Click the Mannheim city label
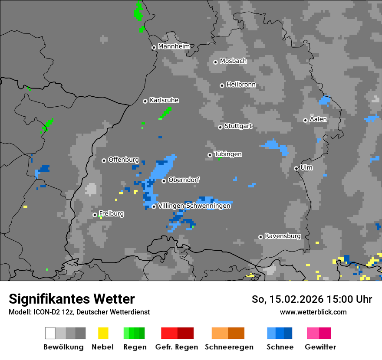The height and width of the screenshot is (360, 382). [x=174, y=46]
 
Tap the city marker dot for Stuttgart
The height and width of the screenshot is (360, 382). [x=221, y=127]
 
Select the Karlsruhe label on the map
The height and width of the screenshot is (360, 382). [x=164, y=100]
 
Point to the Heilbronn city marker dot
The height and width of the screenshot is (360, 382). [x=222, y=85]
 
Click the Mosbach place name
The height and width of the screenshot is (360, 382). [x=233, y=61]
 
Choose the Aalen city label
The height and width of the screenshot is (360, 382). [x=318, y=119]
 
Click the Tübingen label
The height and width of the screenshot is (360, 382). [x=228, y=154]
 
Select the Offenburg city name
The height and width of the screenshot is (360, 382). [x=123, y=160]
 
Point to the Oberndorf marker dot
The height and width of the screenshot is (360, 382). [x=164, y=181]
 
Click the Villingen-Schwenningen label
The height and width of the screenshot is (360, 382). [x=194, y=206]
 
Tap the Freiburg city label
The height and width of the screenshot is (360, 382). [x=111, y=214]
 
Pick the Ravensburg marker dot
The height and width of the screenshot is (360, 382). [x=261, y=237]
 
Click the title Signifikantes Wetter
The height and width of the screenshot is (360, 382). [x=72, y=299]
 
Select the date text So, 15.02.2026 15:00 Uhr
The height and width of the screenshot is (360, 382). [x=312, y=299]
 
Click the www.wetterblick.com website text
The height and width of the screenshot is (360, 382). [x=313, y=312]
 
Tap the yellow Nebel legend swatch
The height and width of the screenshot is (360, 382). [x=103, y=333]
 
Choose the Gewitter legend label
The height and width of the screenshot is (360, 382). [x=320, y=347]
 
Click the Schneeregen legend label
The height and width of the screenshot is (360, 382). [x=229, y=347]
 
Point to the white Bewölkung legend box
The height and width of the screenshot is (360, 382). [x=50, y=333]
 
